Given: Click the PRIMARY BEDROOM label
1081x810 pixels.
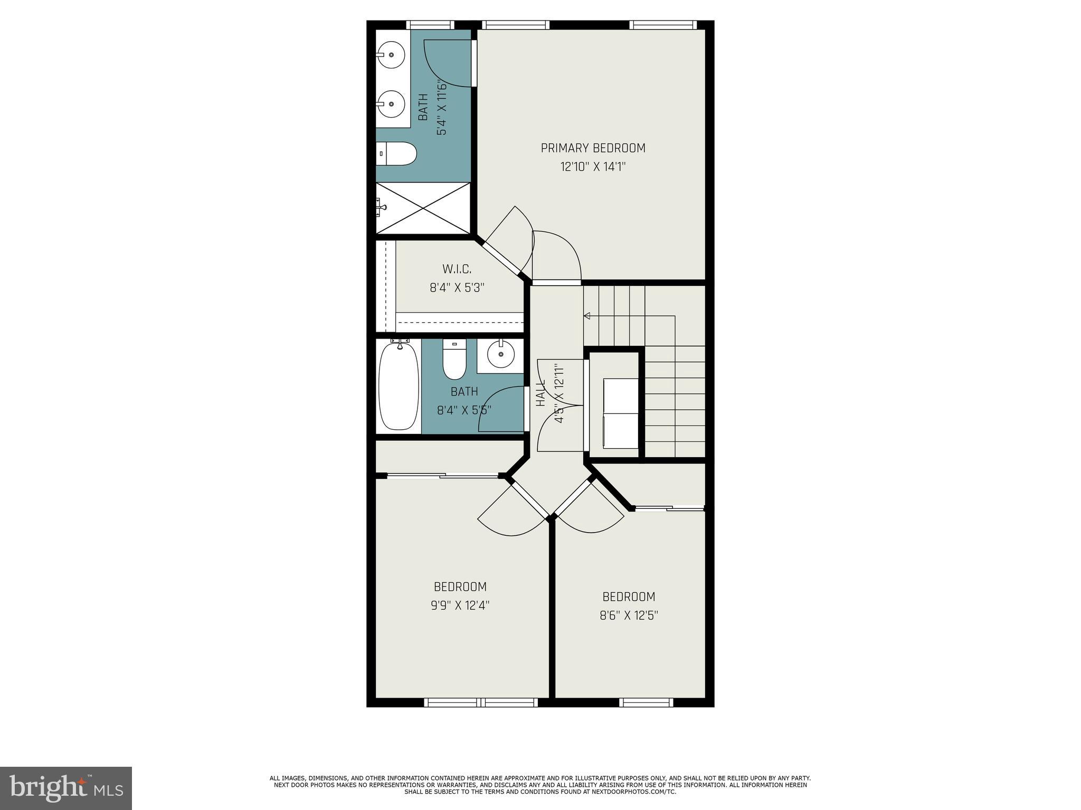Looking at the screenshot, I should pyautogui.click(x=593, y=148).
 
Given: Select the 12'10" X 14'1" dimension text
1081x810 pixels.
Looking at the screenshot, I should pyautogui.click(x=593, y=167).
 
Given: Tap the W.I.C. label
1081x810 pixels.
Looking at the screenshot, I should pyautogui.click(x=457, y=269).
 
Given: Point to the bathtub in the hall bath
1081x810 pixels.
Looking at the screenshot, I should pyautogui.click(x=399, y=386).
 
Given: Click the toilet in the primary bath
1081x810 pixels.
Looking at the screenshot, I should pyautogui.click(x=397, y=153).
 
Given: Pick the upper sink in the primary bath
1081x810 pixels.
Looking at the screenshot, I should pyautogui.click(x=391, y=54).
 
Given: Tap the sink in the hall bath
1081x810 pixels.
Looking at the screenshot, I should pyautogui.click(x=500, y=354).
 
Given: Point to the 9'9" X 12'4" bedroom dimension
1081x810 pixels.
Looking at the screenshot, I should pyautogui.click(x=460, y=605).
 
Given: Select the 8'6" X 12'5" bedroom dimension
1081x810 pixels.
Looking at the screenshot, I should pyautogui.click(x=629, y=615).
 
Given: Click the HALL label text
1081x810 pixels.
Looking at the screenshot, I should pyautogui.click(x=540, y=393).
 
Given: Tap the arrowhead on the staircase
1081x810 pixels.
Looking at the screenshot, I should pyautogui.click(x=586, y=316).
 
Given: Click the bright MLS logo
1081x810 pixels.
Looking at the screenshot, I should pyautogui.click(x=66, y=788).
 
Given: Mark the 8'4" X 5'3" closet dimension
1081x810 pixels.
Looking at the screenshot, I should pyautogui.click(x=457, y=288).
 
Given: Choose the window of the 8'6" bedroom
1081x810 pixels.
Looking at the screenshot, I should pyautogui.click(x=646, y=702).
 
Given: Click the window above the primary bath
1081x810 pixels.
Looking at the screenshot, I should pyautogui.click(x=430, y=25).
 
